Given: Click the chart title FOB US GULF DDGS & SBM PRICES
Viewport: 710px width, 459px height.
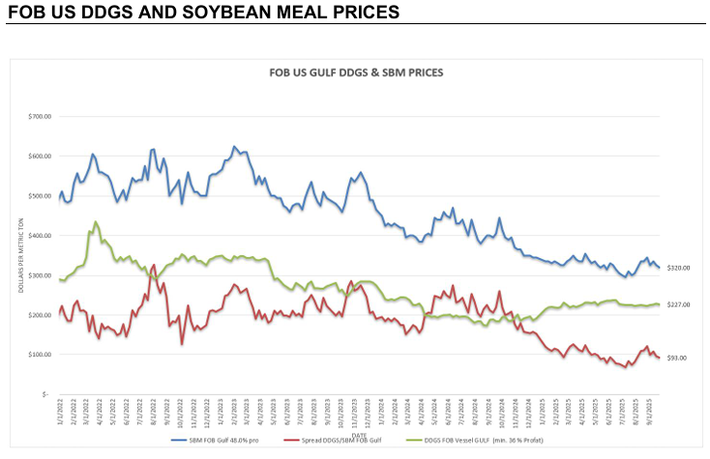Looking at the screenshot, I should pyautogui.click(x=355, y=72).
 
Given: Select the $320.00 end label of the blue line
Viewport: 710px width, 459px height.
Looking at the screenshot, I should pyautogui.click(x=678, y=268).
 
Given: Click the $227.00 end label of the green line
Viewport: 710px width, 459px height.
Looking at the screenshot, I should pyautogui.click(x=678, y=305).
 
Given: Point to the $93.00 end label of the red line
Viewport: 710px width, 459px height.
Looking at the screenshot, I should pyautogui.click(x=677, y=359).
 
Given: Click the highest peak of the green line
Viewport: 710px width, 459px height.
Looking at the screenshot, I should pyautogui.click(x=96, y=222).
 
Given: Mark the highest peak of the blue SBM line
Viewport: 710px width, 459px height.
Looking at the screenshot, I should pyautogui.click(x=234, y=147).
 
